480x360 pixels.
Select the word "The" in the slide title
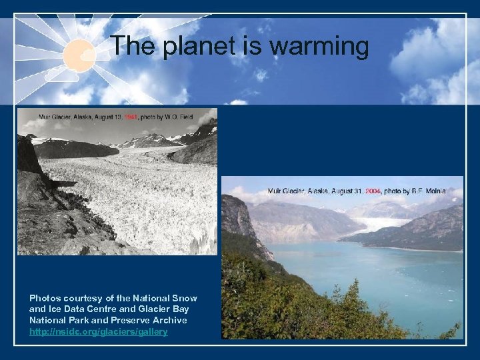(131, 46)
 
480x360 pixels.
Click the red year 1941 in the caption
(131, 117)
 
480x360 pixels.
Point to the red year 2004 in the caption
(371, 191)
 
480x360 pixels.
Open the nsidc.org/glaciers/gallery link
(98, 331)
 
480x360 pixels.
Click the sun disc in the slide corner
(79, 54)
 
